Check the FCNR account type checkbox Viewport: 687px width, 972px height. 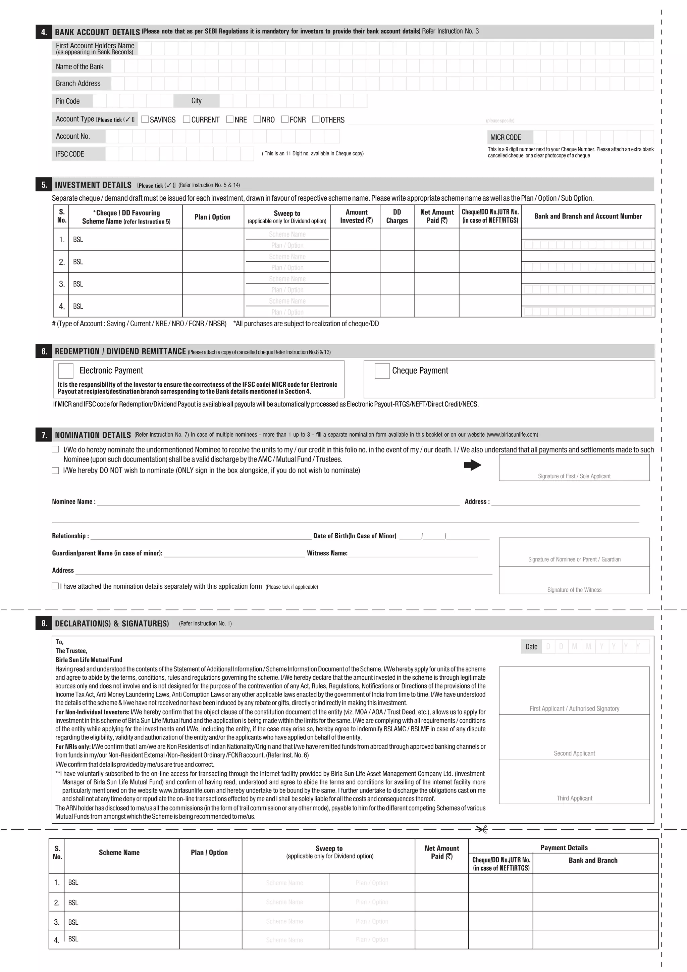285,119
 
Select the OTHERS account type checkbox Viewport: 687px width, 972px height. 316,119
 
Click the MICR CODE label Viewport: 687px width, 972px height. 506,137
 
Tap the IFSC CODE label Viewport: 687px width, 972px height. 70,154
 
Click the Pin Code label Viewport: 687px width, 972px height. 68,101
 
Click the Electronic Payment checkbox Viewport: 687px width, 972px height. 65,371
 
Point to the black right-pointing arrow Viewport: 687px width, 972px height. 473,465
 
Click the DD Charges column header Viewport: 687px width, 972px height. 397,216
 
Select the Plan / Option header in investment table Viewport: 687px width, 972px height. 212,217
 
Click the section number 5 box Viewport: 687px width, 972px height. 44,185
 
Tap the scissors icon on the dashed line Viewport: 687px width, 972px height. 482,829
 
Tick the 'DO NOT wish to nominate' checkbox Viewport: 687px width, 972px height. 55,470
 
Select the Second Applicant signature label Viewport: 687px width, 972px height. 574,753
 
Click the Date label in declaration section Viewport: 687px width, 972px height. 531,646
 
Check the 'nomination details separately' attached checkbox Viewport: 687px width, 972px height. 55,586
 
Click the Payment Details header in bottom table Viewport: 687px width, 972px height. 564,847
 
